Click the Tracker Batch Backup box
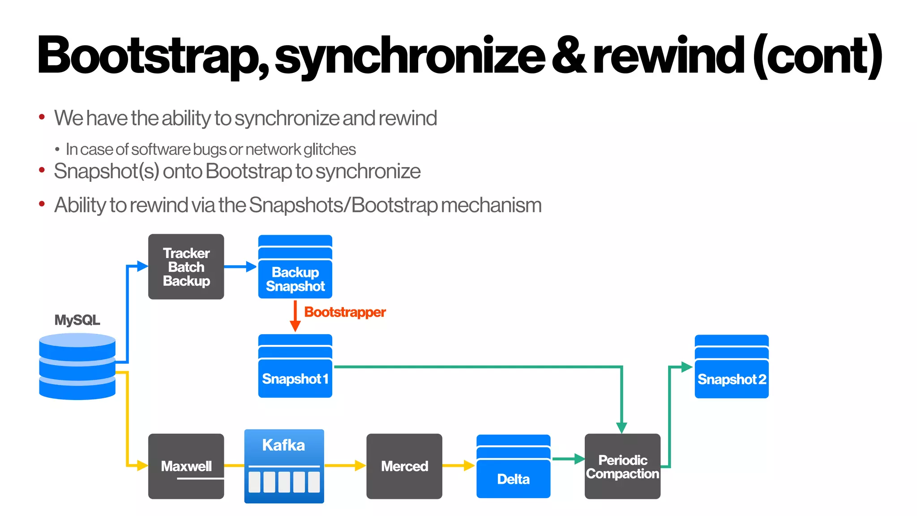click(x=186, y=267)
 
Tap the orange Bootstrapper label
click(x=345, y=312)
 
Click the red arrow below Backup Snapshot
click(x=295, y=316)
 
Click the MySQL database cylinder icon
click(x=77, y=366)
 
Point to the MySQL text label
click(x=77, y=320)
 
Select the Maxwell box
click(x=186, y=466)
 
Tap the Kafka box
click(x=284, y=466)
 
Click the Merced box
click(x=404, y=466)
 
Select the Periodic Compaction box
click(x=622, y=466)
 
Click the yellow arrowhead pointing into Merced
click(x=360, y=465)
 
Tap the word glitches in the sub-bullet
click(x=330, y=149)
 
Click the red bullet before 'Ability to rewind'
click(x=42, y=204)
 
